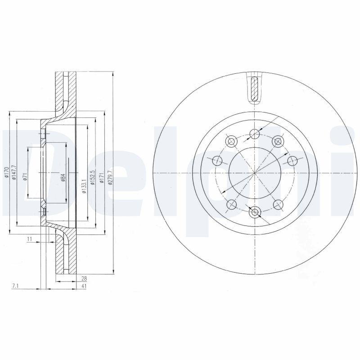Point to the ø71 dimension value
26,176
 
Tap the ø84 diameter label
64,177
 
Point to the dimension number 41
84,286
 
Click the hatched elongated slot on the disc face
254,88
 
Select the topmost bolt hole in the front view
255,133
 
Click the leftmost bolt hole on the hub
216,160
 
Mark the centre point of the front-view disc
255,173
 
